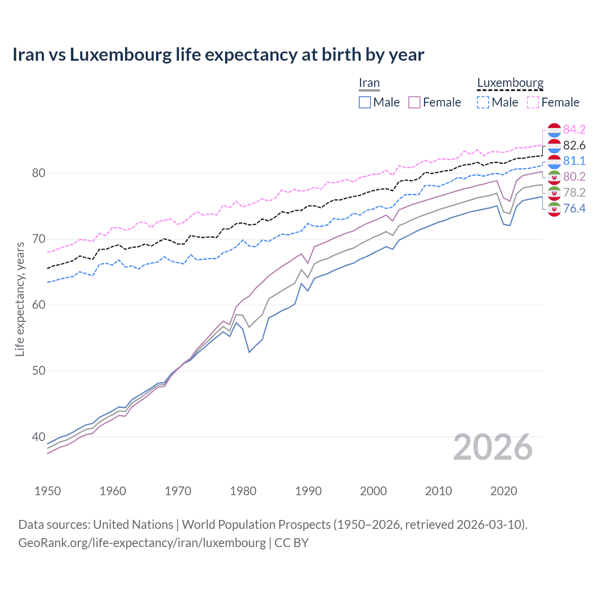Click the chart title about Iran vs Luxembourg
tap(218, 55)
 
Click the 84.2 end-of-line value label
tap(574, 129)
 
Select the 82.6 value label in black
tap(574, 145)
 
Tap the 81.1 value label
tap(574, 161)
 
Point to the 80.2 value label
tap(574, 177)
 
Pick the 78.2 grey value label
tap(574, 192)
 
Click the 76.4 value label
tap(574, 208)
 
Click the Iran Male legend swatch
tap(365, 102)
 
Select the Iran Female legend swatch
tap(414, 102)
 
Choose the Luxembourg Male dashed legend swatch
tap(483, 102)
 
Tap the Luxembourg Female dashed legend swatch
tap(533, 102)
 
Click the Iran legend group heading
tap(369, 83)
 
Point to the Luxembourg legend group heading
tap(510, 83)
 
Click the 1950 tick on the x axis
tap(48, 491)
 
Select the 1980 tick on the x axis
tap(243, 491)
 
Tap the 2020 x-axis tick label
tap(504, 491)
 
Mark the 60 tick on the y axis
tap(38, 305)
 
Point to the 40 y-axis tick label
tap(38, 437)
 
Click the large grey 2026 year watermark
tap(493, 447)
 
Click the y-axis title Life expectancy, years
tap(20, 299)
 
